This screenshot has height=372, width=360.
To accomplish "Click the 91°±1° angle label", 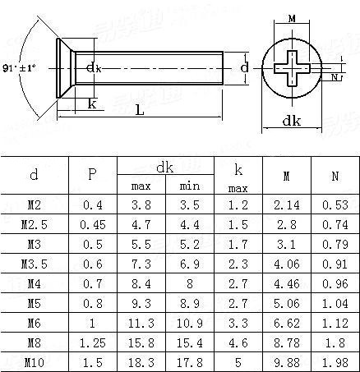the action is [19, 68].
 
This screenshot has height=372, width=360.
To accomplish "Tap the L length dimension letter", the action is [140, 110].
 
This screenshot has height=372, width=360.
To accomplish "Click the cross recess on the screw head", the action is [292, 68].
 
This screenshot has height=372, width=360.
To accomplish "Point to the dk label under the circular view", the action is [292, 121].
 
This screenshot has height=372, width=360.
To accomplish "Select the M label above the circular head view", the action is [292, 19].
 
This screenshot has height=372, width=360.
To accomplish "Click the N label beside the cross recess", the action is [335, 77].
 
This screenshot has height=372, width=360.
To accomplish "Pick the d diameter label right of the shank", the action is [244, 67].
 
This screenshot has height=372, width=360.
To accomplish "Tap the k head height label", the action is [92, 103].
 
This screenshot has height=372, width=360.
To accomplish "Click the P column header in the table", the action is [92, 174].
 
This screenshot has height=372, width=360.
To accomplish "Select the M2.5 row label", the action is [35, 224].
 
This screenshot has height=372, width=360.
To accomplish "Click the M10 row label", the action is [35, 362].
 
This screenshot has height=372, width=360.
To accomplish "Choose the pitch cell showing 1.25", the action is [93, 342].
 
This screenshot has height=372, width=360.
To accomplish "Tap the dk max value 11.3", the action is [141, 323].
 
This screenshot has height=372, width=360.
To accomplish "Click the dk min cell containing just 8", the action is [190, 283].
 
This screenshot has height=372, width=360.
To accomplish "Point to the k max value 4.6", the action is [238, 342].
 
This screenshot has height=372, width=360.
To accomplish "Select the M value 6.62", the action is [287, 323].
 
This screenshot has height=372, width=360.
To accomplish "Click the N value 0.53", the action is [335, 204].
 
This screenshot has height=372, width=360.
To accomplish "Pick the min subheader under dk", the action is [190, 186].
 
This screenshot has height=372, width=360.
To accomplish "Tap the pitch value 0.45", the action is [93, 224].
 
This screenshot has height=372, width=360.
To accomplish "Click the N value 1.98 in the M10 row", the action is [335, 362].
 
